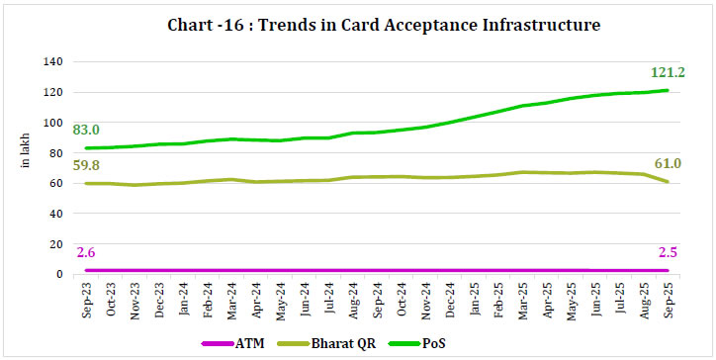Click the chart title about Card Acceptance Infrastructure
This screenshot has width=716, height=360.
click(358, 24)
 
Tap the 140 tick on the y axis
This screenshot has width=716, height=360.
click(53, 62)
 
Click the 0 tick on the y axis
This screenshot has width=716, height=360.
click(59, 274)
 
